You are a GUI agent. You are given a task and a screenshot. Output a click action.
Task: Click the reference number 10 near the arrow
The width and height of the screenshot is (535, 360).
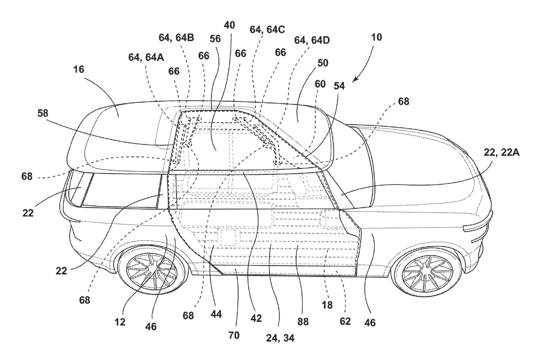[x=377, y=37]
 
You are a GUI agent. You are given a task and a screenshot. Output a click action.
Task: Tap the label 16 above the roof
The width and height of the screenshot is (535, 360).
[x=79, y=70]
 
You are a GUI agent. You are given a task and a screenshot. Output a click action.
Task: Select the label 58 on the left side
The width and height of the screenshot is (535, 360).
[x=43, y=113]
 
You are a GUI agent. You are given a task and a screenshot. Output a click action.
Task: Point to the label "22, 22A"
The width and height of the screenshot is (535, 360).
[x=501, y=152]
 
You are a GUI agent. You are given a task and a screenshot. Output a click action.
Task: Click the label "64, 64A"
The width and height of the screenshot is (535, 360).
[x=146, y=57]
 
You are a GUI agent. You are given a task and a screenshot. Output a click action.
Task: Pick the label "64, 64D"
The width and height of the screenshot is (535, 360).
[x=312, y=40]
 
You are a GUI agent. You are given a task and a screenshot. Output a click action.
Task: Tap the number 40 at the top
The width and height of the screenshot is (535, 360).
[x=229, y=25]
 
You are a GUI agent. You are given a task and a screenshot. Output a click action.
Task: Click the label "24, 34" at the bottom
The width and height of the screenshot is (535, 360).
[x=280, y=338]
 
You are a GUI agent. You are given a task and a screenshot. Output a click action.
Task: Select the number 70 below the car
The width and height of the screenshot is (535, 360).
[x=234, y=336]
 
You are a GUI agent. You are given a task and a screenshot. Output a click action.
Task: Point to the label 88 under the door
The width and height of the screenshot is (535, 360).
[x=303, y=322]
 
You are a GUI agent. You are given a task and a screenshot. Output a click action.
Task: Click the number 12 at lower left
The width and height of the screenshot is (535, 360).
[x=119, y=322]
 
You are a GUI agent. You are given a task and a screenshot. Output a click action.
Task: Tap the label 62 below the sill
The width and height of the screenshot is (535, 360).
[x=345, y=321]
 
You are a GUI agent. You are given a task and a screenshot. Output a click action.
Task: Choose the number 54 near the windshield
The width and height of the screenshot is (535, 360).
[x=339, y=86]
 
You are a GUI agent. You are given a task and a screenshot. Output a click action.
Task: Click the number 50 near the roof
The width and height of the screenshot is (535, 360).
[x=323, y=63]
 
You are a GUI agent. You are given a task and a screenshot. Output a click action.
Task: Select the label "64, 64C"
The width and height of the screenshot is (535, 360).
[x=267, y=30]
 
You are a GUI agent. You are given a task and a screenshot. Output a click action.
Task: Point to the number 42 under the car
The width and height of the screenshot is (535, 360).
[x=256, y=318]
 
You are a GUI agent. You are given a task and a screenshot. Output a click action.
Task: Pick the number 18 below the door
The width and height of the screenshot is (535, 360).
[x=327, y=305]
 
